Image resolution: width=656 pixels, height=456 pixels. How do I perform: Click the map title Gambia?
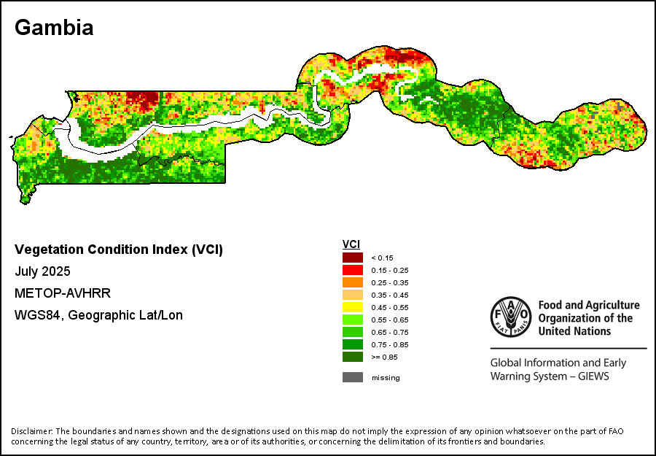(x=54, y=28)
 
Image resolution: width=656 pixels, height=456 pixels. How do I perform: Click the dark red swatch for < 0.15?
(x=353, y=257)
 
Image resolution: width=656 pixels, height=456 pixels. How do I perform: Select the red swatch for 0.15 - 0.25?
(x=353, y=269)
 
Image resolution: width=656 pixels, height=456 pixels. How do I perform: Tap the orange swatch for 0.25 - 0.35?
(x=353, y=282)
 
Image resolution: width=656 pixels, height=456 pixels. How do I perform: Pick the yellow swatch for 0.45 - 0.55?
(x=353, y=307)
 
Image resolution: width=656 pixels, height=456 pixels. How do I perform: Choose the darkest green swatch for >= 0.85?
(x=353, y=357)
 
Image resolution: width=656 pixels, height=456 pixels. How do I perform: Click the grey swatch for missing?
(x=353, y=377)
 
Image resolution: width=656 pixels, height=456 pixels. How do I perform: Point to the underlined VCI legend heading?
(x=351, y=244)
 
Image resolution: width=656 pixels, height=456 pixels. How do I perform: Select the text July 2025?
(x=42, y=271)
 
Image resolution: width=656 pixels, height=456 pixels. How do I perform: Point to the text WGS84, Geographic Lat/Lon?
(x=98, y=315)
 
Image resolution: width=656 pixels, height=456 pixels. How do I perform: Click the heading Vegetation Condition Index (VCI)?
(x=119, y=250)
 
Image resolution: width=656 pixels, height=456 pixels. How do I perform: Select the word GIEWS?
(x=592, y=376)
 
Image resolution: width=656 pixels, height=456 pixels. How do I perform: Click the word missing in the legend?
(x=386, y=377)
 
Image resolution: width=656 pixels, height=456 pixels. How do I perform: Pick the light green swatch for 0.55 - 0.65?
(x=353, y=320)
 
